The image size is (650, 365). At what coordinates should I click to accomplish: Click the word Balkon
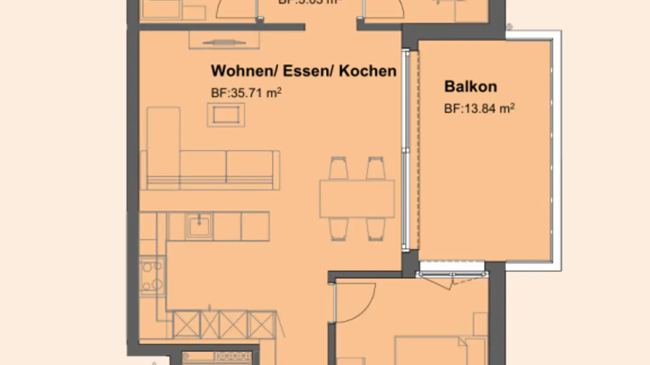click(x=470, y=86)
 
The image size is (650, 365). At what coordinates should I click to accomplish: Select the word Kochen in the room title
click(x=367, y=71)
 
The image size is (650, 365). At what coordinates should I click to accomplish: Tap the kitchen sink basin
click(x=199, y=225)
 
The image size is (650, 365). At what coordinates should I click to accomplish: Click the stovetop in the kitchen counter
click(x=152, y=276)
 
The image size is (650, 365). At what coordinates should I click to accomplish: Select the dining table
click(x=357, y=199)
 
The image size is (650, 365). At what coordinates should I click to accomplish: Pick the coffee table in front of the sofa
click(x=226, y=115)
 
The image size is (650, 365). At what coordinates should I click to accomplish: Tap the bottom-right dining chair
click(x=376, y=229)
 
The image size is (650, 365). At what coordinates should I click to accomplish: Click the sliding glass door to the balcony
click(x=406, y=149)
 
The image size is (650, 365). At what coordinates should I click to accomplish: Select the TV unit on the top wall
click(x=224, y=41)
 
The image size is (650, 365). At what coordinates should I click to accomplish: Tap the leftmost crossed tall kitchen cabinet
click(x=186, y=324)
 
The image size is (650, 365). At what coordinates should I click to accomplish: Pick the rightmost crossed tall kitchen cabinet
click(x=262, y=324)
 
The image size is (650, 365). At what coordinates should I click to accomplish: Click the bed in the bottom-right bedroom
click(x=433, y=351)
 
